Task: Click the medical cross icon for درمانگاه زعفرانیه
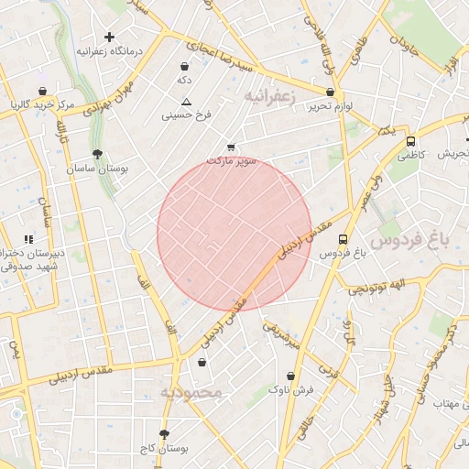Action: tap(110, 38)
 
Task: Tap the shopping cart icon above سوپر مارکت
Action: tap(231, 147)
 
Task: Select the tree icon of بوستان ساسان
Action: tap(97, 155)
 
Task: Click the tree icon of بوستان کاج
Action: tap(165, 434)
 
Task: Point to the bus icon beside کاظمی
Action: tap(410, 142)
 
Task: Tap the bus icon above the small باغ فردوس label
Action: tap(343, 239)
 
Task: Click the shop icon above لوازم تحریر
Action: tap(330, 92)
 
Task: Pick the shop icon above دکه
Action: tap(186, 66)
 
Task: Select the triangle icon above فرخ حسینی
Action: tap(186, 102)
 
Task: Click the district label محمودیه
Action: tap(191, 393)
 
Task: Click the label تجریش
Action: tap(453, 154)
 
